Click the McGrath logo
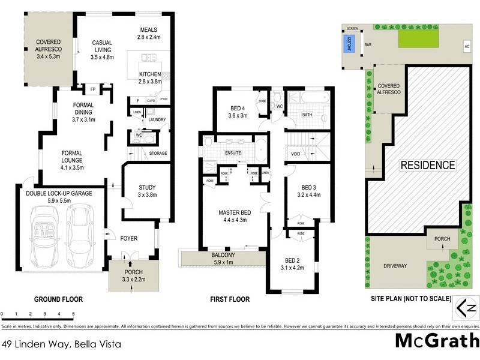click(x=437, y=341)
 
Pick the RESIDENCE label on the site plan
click(x=428, y=165)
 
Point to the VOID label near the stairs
click(x=295, y=154)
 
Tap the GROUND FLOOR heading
click(x=58, y=299)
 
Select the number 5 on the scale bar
click(x=73, y=314)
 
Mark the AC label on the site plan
click(x=467, y=47)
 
